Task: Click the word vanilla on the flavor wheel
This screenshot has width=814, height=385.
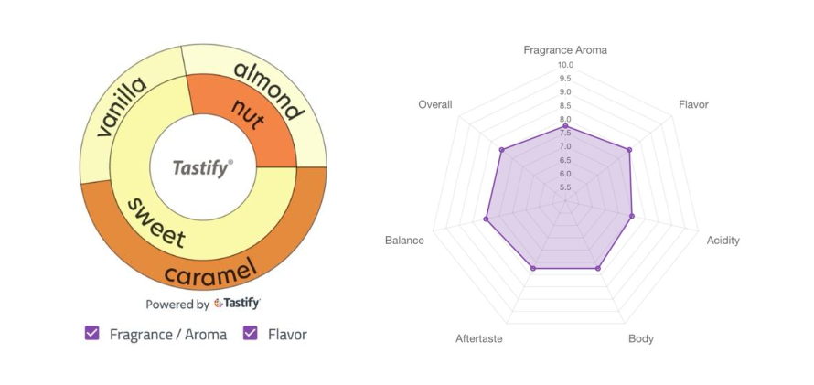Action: click(x=122, y=108)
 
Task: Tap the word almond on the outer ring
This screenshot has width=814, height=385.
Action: click(x=267, y=90)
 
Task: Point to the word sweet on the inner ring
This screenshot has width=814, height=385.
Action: click(x=156, y=221)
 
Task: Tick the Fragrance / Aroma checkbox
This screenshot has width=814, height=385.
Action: click(x=91, y=334)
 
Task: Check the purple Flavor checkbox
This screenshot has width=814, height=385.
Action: click(x=250, y=334)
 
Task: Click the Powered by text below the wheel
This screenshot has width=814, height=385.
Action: click(x=177, y=305)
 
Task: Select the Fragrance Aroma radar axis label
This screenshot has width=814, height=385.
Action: click(x=565, y=49)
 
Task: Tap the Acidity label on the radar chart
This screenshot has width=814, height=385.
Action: click(x=723, y=241)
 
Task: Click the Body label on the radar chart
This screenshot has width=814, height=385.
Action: click(x=641, y=339)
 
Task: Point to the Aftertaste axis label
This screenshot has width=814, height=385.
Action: click(x=479, y=339)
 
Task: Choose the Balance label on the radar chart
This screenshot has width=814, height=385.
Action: click(x=404, y=241)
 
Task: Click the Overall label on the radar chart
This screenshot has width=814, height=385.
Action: click(x=435, y=104)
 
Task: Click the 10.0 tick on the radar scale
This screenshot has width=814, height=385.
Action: click(x=565, y=65)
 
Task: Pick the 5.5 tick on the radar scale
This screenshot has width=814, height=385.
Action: click(x=565, y=187)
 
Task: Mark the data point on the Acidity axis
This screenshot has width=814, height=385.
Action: click(x=632, y=216)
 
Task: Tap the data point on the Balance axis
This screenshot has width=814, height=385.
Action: click(x=487, y=219)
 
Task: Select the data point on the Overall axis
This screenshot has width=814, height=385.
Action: click(x=501, y=149)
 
